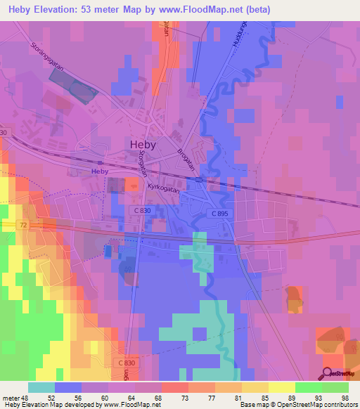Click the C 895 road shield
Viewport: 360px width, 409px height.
click(x=220, y=213)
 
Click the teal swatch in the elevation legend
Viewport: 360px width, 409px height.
click(x=41, y=387)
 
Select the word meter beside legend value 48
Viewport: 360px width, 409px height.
click(x=11, y=397)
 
